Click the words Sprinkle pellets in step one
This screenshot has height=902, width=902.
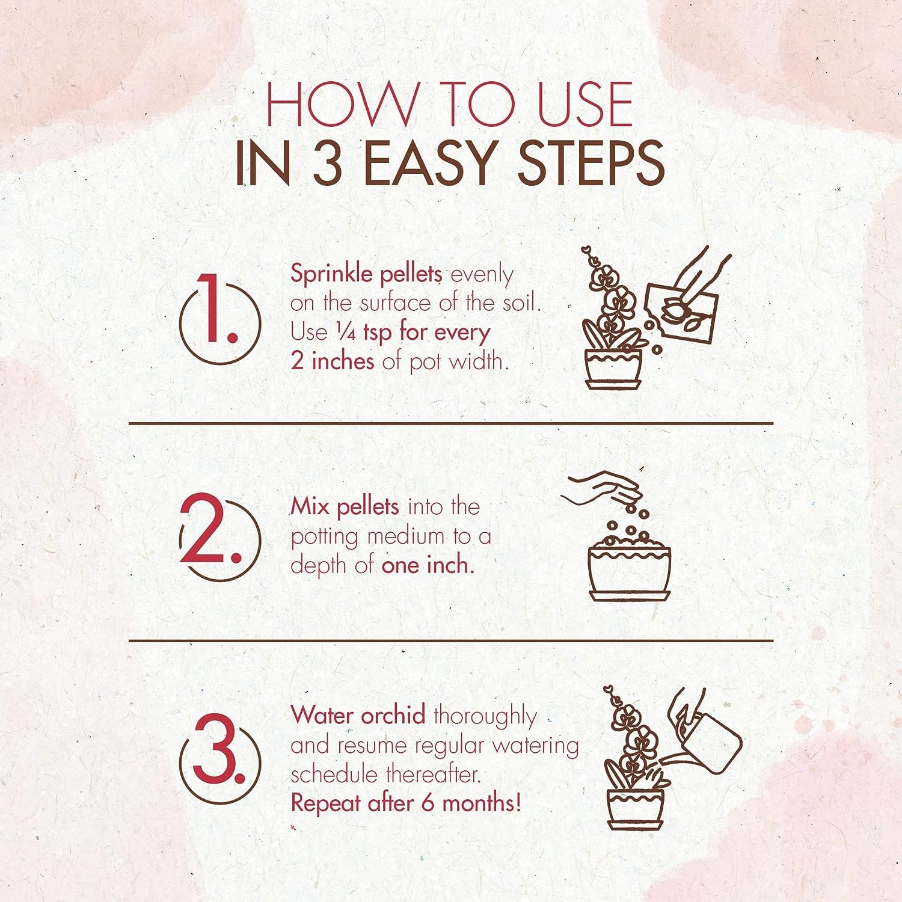(x=366, y=274)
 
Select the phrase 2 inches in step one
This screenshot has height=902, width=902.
(x=332, y=362)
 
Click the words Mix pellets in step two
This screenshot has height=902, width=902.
(x=345, y=507)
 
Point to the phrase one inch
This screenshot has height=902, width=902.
(x=427, y=566)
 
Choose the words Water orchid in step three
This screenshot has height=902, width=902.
(x=358, y=716)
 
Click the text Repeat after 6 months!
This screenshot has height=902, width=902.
(x=405, y=803)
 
